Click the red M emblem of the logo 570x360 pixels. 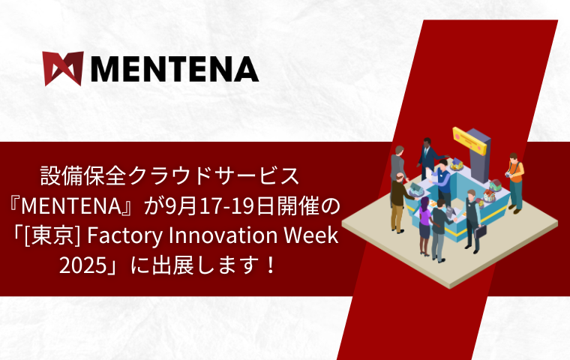point(63,69)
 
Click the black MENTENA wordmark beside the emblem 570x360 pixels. point(175,69)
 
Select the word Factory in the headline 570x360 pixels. point(124,236)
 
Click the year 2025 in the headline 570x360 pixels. point(82,265)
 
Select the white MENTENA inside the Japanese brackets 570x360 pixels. point(71,206)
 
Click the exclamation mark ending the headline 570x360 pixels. point(270,265)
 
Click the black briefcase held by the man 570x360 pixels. point(480,232)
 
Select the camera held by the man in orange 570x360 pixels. point(508,175)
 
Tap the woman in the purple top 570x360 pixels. point(424,226)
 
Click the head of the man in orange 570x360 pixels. point(513,157)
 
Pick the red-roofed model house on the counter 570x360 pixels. point(489,195)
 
